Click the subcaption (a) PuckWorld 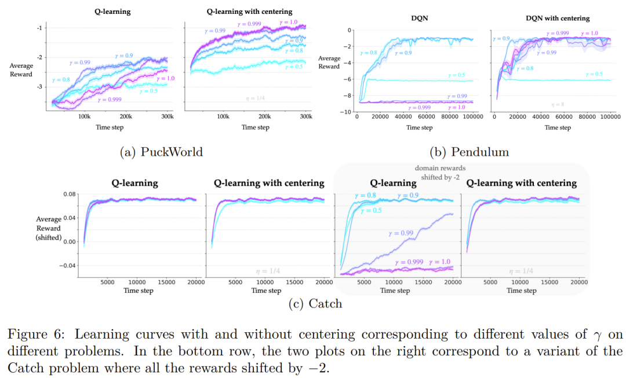(161, 152)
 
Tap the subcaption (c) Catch (315, 303)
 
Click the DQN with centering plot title (558, 19)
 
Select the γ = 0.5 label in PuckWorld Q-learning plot (149, 90)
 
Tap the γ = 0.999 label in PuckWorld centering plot (250, 24)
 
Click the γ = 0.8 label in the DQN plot (369, 53)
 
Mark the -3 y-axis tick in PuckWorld (38, 87)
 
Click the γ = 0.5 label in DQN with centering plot (594, 74)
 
